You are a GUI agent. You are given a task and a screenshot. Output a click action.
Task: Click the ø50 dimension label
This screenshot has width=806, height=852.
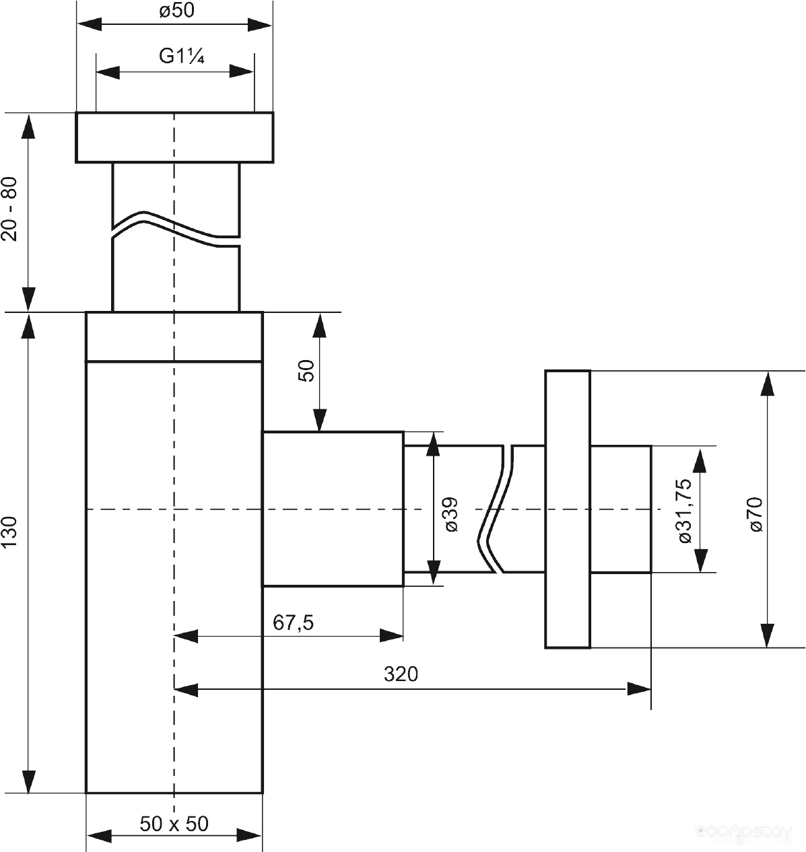point(176,10)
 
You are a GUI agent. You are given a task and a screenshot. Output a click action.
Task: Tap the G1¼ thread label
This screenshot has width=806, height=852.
point(182,57)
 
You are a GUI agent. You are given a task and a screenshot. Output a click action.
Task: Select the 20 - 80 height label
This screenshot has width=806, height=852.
point(9,209)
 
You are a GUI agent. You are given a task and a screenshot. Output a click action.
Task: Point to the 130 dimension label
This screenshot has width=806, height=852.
point(9,532)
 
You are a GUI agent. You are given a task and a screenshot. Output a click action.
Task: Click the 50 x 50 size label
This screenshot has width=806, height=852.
point(174,824)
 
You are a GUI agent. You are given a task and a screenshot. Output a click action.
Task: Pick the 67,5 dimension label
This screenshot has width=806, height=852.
point(293,623)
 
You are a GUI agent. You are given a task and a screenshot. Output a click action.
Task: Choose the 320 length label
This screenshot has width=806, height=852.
point(401,674)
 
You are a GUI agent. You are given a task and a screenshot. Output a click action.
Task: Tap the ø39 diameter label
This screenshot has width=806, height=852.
point(451,515)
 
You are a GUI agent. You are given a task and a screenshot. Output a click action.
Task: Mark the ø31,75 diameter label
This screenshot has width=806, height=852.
point(685,511)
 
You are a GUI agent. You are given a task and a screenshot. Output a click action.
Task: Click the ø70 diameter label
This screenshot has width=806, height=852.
point(755,514)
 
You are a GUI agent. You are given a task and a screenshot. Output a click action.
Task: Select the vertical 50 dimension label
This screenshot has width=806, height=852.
point(306,371)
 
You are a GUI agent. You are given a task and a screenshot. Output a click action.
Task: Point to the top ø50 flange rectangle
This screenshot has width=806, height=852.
point(174,138)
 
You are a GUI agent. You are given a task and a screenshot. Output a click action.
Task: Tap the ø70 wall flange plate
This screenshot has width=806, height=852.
point(568,509)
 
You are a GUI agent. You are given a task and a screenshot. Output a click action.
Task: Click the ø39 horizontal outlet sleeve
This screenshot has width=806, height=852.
point(333,509)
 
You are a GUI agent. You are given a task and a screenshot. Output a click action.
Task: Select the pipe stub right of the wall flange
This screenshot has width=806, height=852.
point(620,509)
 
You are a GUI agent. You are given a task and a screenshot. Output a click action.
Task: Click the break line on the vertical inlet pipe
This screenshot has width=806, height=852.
point(176,229)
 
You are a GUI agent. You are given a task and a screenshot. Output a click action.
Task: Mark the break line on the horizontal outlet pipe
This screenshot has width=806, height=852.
point(496,509)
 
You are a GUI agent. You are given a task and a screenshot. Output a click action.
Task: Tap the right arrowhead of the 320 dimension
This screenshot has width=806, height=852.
point(639,689)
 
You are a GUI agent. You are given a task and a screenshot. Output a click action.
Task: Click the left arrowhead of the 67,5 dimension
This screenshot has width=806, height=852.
point(186,636)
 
